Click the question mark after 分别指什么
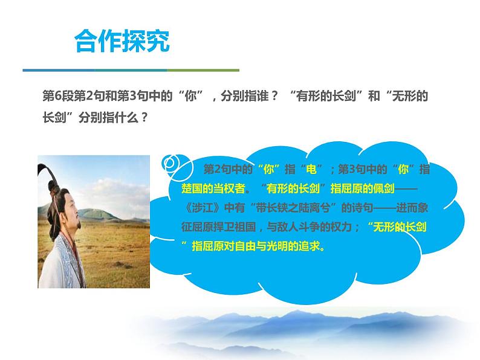pyautogui.click(x=144, y=118)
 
